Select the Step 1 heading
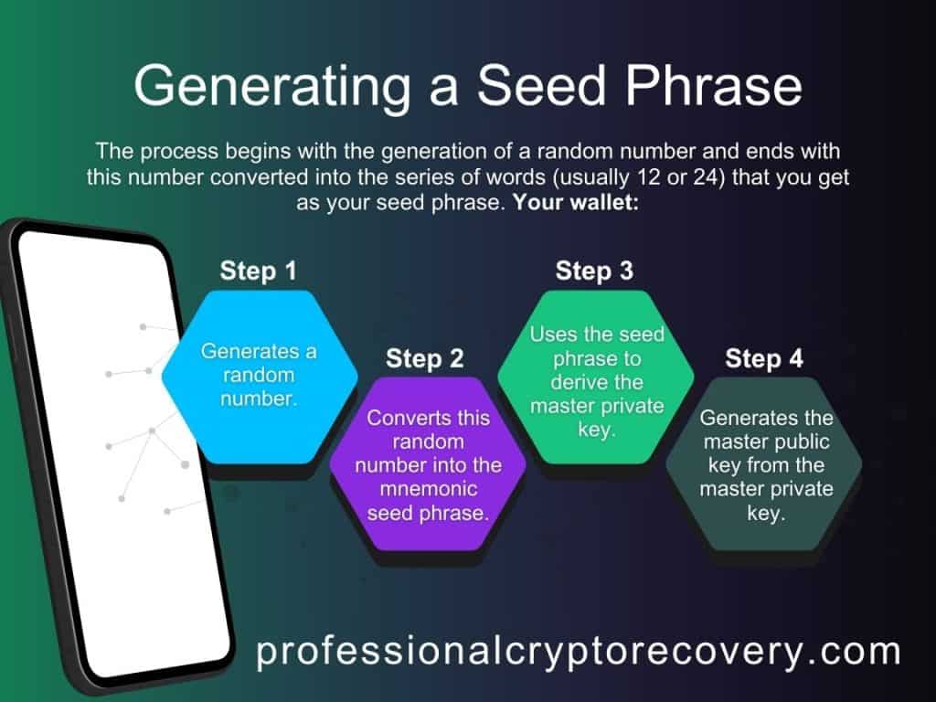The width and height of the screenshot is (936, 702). (x=259, y=271)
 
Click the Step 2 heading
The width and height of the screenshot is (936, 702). (x=425, y=358)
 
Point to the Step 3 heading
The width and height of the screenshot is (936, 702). (x=594, y=271)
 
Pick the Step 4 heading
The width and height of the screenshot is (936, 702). (x=764, y=358)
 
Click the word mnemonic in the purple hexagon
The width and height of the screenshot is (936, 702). (x=427, y=489)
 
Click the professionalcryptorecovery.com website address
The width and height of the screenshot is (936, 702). (x=578, y=653)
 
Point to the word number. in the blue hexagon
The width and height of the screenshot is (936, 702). (x=260, y=398)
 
